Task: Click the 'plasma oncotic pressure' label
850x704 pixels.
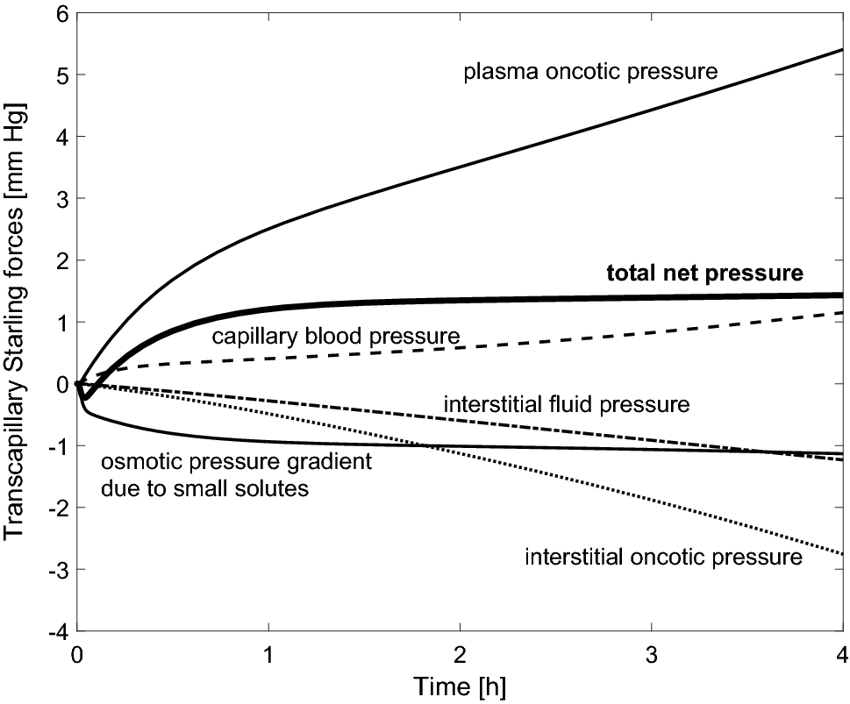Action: (591, 71)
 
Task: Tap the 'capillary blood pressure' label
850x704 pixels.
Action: (336, 337)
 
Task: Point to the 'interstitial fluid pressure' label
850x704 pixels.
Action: (567, 405)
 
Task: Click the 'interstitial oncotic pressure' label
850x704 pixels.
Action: (663, 557)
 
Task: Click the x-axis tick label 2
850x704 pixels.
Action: (460, 653)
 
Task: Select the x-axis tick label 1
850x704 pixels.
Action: (268, 653)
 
